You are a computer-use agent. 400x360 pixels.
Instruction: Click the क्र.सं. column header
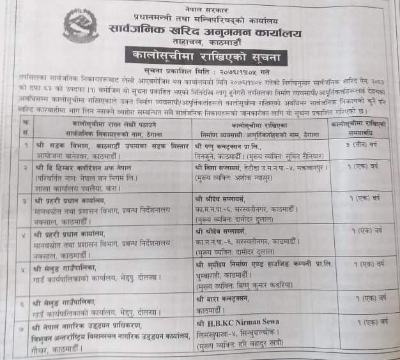(24, 126)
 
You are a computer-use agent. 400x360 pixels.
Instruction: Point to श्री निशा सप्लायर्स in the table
(227, 168)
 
